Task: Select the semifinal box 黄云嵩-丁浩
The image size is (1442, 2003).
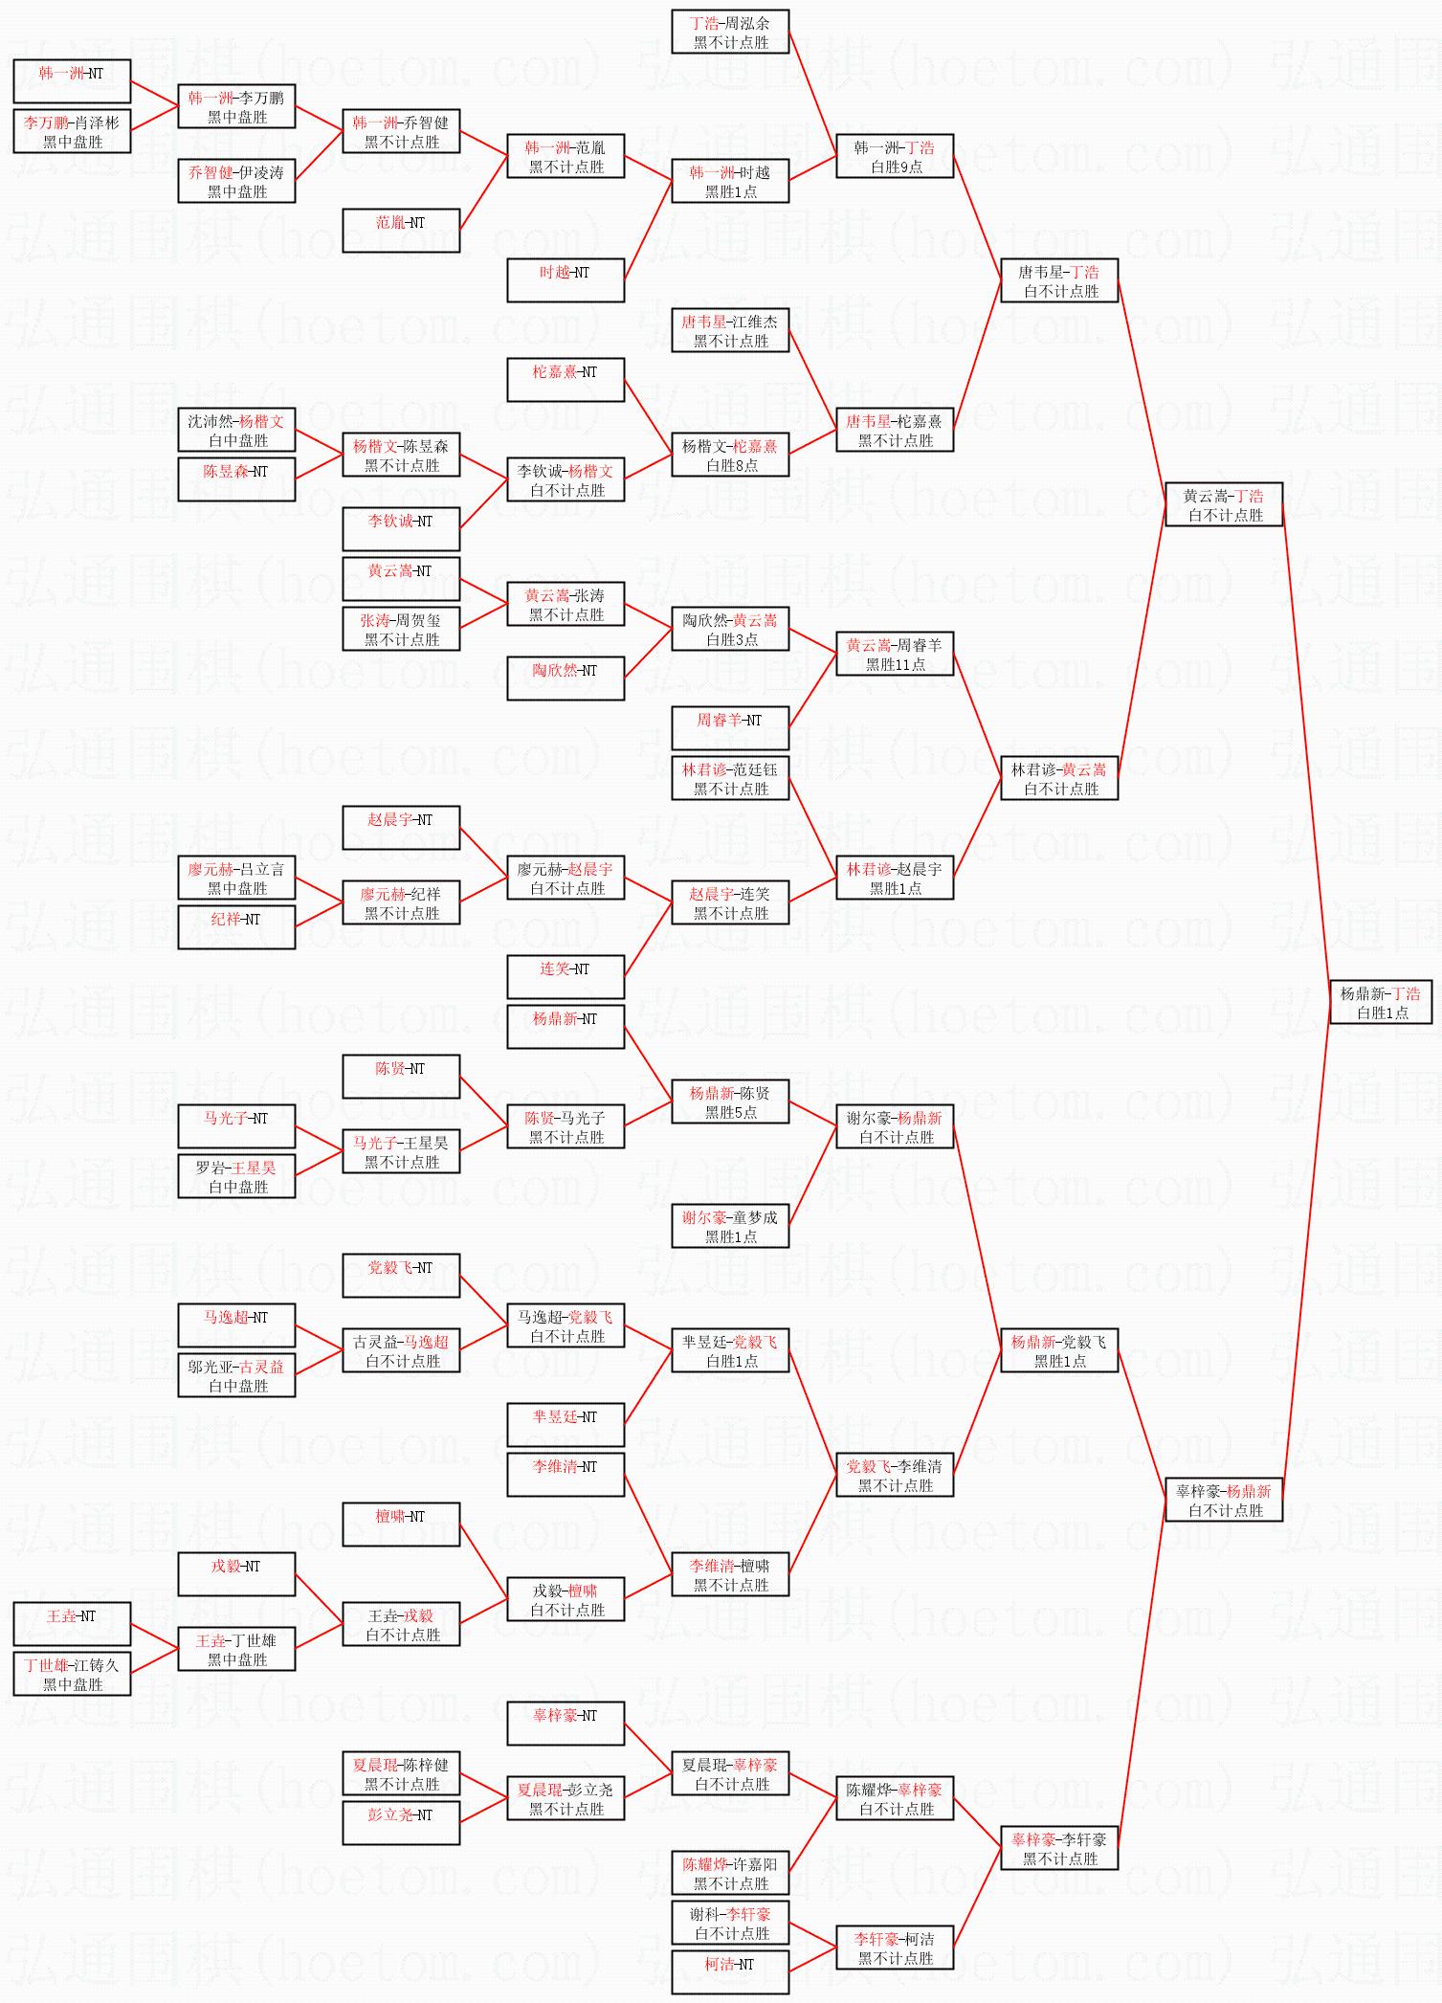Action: coord(1223,504)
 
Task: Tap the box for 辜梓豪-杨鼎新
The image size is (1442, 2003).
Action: coord(1223,1500)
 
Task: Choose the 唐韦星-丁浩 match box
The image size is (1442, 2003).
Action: coord(1058,280)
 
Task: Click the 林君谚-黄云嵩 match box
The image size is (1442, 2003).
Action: coord(1058,778)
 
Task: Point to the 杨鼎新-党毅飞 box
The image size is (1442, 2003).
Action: coord(1058,1350)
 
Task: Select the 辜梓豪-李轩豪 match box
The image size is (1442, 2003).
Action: coord(1058,1848)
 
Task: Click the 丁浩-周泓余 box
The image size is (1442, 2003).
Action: coord(730,32)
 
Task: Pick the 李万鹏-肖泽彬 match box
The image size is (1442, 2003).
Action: coord(72,131)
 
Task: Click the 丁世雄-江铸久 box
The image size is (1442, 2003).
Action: coord(72,1674)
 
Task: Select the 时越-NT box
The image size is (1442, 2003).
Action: coord(566,280)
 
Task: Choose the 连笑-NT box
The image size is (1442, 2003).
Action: coord(566,977)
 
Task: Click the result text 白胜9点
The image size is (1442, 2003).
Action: coord(896,167)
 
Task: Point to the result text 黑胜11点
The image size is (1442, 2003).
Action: coord(896,664)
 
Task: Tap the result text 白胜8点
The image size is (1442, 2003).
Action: coord(731,465)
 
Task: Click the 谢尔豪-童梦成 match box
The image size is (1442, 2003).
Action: coord(730,1226)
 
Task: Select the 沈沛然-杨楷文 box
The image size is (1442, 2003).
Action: coord(236,430)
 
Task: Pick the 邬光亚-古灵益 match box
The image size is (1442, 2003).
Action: coord(236,1375)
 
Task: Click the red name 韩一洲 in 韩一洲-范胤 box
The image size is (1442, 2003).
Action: coord(544,147)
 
